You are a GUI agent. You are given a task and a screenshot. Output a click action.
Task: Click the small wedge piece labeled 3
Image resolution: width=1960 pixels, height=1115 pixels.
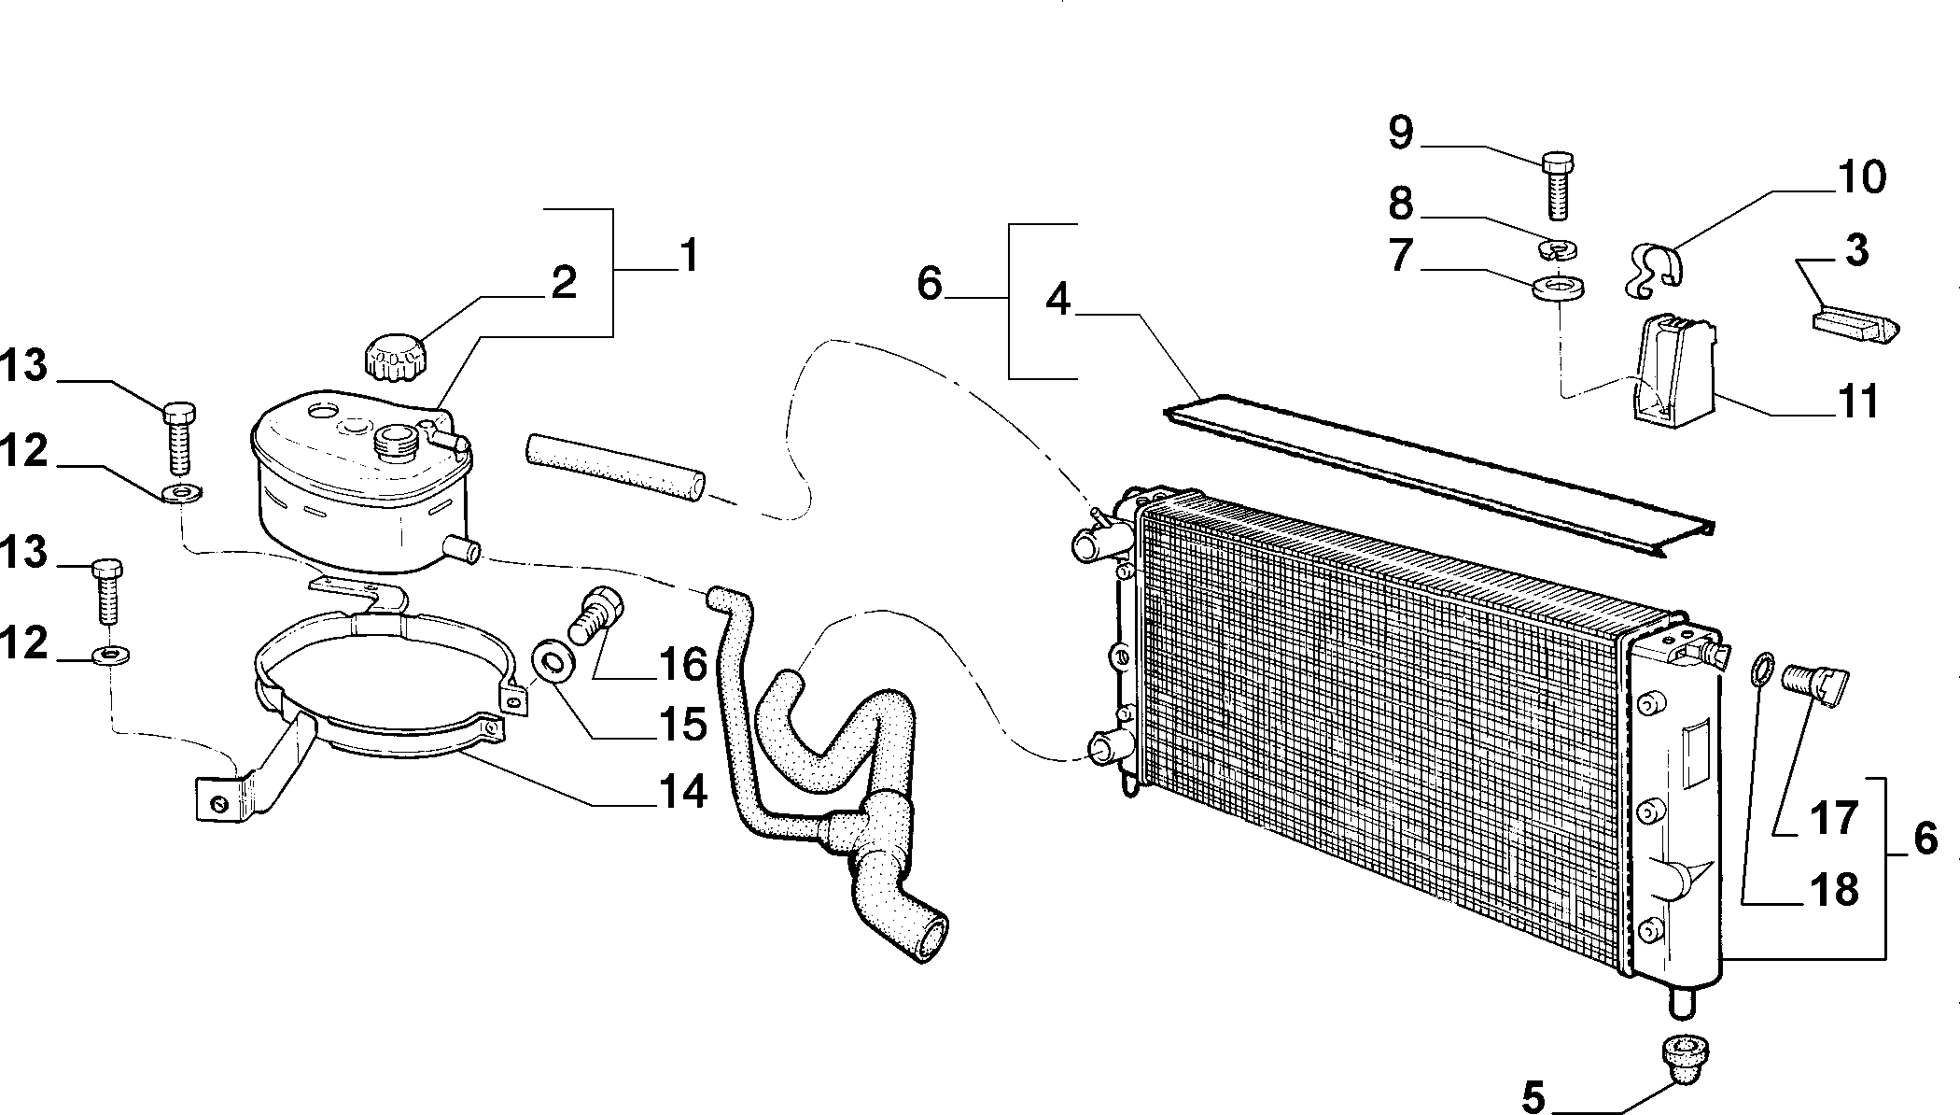1855,328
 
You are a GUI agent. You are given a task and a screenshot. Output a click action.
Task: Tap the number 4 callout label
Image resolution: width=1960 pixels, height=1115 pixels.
1057,300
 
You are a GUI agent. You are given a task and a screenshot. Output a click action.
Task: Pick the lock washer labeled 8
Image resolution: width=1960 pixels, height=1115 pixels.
1555,250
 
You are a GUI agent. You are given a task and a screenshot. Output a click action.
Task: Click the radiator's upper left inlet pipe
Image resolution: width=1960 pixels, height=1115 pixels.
1098,543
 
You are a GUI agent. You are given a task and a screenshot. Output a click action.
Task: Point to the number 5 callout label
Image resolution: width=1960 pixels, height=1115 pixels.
1533,1097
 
